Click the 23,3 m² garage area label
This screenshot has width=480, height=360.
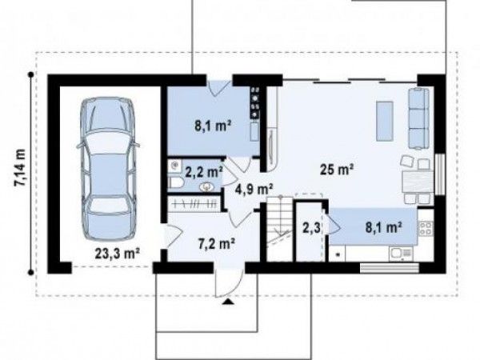point(118,254)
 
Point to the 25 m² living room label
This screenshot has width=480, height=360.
point(337,169)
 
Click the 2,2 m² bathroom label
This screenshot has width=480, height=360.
point(203,172)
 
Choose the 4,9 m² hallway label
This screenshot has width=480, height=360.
point(254,189)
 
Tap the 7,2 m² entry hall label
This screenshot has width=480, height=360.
point(217,243)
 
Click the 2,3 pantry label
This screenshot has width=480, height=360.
point(311,228)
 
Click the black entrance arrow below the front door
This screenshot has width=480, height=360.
point(228,302)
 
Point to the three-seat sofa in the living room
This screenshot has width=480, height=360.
point(418,118)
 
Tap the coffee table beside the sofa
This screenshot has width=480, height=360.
point(385,122)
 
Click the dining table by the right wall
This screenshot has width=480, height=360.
point(418,182)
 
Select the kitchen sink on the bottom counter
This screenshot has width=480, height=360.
point(401,253)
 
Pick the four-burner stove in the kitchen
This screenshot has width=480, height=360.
point(426,229)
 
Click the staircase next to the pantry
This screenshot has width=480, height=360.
point(279,229)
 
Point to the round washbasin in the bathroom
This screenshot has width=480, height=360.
point(208,186)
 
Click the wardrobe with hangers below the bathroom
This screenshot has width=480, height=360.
point(194,203)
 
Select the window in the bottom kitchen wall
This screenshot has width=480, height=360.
point(390,268)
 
